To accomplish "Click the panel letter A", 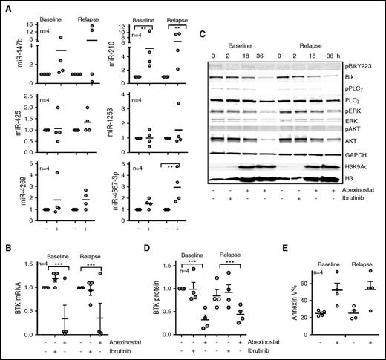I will point(5,8).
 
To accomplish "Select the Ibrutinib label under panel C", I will point(355,197).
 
